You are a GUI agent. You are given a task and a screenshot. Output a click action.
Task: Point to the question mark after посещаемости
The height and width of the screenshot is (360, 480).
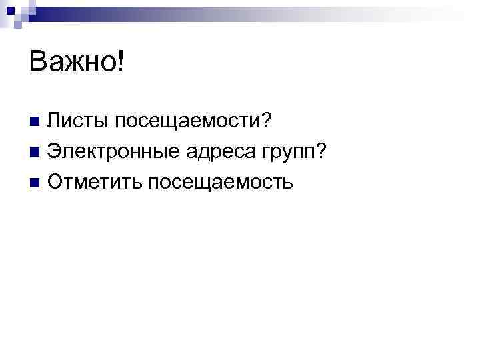tap(265, 121)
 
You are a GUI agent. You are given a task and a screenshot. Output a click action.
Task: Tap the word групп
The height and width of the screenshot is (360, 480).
tap(285, 153)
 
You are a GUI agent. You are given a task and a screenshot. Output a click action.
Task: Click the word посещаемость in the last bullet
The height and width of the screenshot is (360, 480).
tap(220, 183)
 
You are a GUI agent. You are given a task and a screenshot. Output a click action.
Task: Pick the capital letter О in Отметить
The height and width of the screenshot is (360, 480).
tap(57, 181)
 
